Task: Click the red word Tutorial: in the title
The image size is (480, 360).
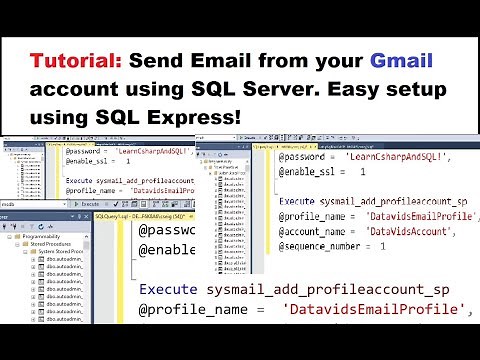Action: click(71, 59)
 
